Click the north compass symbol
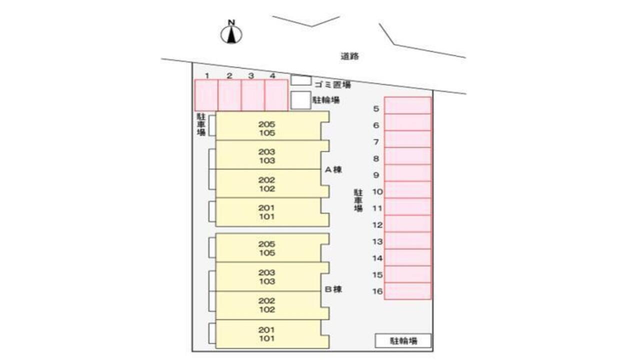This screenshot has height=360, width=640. coord(231,33)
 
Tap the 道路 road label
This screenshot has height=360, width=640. coord(350,56)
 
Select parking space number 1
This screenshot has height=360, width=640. coord(206,95)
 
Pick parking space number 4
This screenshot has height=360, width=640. coord(276,95)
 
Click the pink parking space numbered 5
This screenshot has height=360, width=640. coord(407,105)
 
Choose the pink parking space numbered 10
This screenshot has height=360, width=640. coord(407,189)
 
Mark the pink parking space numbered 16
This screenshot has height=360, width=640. coord(407,291)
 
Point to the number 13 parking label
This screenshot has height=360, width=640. coord(377,241)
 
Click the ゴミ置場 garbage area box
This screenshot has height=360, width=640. coord(301,80)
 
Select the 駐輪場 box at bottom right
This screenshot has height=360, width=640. coord(403,341)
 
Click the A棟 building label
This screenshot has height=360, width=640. coord(333,169)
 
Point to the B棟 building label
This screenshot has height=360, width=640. coord(333,289)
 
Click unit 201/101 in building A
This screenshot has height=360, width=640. coord(268,212)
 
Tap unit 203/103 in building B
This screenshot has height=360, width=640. coord(268,276)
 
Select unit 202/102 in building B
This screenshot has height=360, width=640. coord(268,305)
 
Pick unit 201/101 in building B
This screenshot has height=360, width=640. coord(268,334)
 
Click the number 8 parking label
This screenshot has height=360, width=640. coord(376,158)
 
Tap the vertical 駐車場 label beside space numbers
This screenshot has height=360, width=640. coord(358,200)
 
